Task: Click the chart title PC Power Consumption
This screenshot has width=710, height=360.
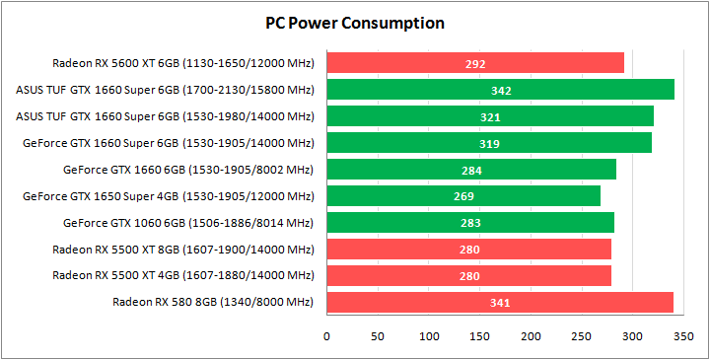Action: [355, 23]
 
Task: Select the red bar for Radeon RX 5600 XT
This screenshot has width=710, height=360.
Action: [475, 63]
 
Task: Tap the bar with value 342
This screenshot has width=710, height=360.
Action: [501, 90]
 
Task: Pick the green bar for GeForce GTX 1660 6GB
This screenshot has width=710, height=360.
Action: [471, 170]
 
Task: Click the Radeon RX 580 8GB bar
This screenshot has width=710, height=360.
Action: [500, 302]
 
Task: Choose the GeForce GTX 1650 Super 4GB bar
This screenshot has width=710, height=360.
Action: [463, 196]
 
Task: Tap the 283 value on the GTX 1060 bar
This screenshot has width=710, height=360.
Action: [470, 223]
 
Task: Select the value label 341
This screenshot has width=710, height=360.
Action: [500, 302]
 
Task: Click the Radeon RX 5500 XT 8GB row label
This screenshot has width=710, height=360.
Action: [183, 249]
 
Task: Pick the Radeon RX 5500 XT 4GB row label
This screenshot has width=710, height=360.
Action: [183, 275]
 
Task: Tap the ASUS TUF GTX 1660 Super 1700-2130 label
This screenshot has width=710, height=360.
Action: [166, 90]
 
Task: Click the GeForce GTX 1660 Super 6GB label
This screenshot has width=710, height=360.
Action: [169, 143]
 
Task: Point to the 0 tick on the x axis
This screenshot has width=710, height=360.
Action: [327, 336]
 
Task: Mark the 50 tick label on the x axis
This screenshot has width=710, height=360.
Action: [379, 336]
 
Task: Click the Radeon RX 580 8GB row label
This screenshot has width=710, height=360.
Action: [213, 302]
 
